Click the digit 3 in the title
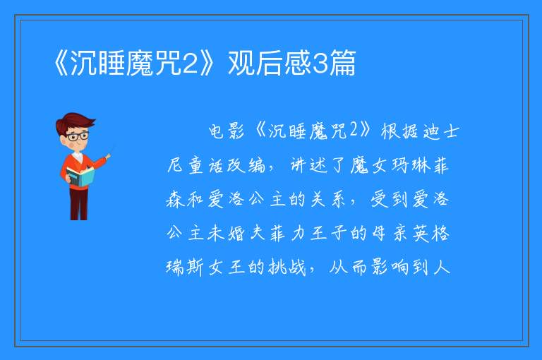pos(320,63)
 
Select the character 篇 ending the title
pos(342,63)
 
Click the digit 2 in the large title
pos(189,63)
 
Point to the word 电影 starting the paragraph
pos(227,131)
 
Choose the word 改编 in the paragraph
pos(246,165)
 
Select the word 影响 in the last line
pos(390,268)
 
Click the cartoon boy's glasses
pos(78,136)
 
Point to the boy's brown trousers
pos(79,204)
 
